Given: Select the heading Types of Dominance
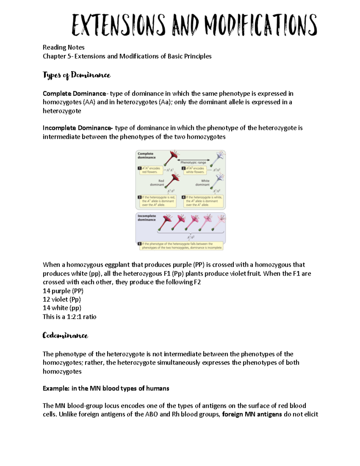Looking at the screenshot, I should coord(76,75).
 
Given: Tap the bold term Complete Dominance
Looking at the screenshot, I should coord(74,94).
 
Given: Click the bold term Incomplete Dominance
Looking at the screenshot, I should coord(77,128).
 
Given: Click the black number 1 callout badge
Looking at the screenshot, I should coord(139,168).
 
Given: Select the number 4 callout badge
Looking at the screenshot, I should coord(184,197).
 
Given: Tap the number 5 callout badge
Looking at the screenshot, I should coord(139,244).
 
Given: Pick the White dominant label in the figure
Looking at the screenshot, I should coord(203,183).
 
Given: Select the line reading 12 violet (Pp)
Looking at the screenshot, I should coord(62,299).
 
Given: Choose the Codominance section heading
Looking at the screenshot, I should coord(65,335).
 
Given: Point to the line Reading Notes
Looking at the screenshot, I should coord(64,47).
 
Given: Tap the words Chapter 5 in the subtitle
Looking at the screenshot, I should coord(57,56).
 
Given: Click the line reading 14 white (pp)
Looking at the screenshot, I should coord(62,308).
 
